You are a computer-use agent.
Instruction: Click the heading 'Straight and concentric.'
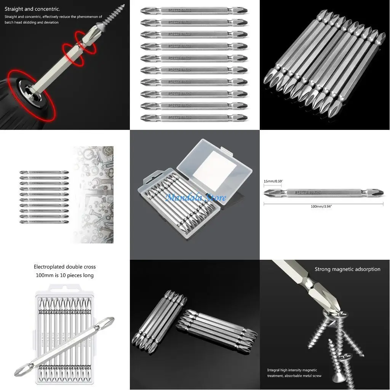(32, 9)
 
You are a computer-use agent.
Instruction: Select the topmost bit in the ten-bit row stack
(194, 10)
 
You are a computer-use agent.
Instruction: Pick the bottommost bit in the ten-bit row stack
(194, 117)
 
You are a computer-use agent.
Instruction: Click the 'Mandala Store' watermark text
(195, 197)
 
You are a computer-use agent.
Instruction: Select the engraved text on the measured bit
(308, 193)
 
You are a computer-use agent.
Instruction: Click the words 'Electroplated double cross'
(64, 267)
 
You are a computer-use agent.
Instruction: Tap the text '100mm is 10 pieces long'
(64, 275)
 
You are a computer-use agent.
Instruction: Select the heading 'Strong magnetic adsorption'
(347, 269)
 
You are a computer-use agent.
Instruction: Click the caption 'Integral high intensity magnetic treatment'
(292, 373)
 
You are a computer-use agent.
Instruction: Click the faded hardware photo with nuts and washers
(93, 194)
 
